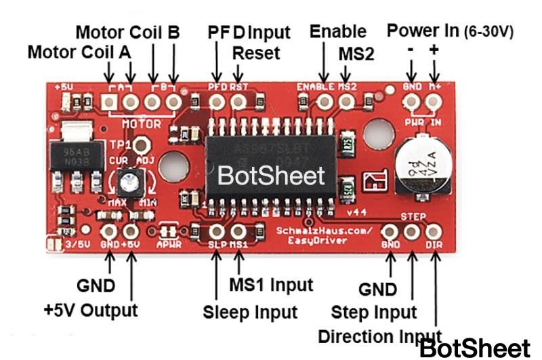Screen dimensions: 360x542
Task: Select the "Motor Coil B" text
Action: (127, 32)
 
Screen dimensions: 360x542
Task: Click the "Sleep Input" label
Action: (250, 312)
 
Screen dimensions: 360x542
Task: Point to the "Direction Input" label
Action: (379, 337)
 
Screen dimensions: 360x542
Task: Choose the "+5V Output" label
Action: (90, 310)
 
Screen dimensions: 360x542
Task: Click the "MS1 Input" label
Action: (272, 284)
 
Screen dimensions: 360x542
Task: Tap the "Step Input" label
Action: (374, 313)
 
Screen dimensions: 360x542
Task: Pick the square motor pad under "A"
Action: (109, 102)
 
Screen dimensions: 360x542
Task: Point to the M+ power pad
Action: (434, 102)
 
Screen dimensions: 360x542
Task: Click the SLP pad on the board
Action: (217, 232)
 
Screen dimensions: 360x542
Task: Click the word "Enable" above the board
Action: (337, 31)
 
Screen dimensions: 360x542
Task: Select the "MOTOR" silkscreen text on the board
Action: (142, 124)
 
